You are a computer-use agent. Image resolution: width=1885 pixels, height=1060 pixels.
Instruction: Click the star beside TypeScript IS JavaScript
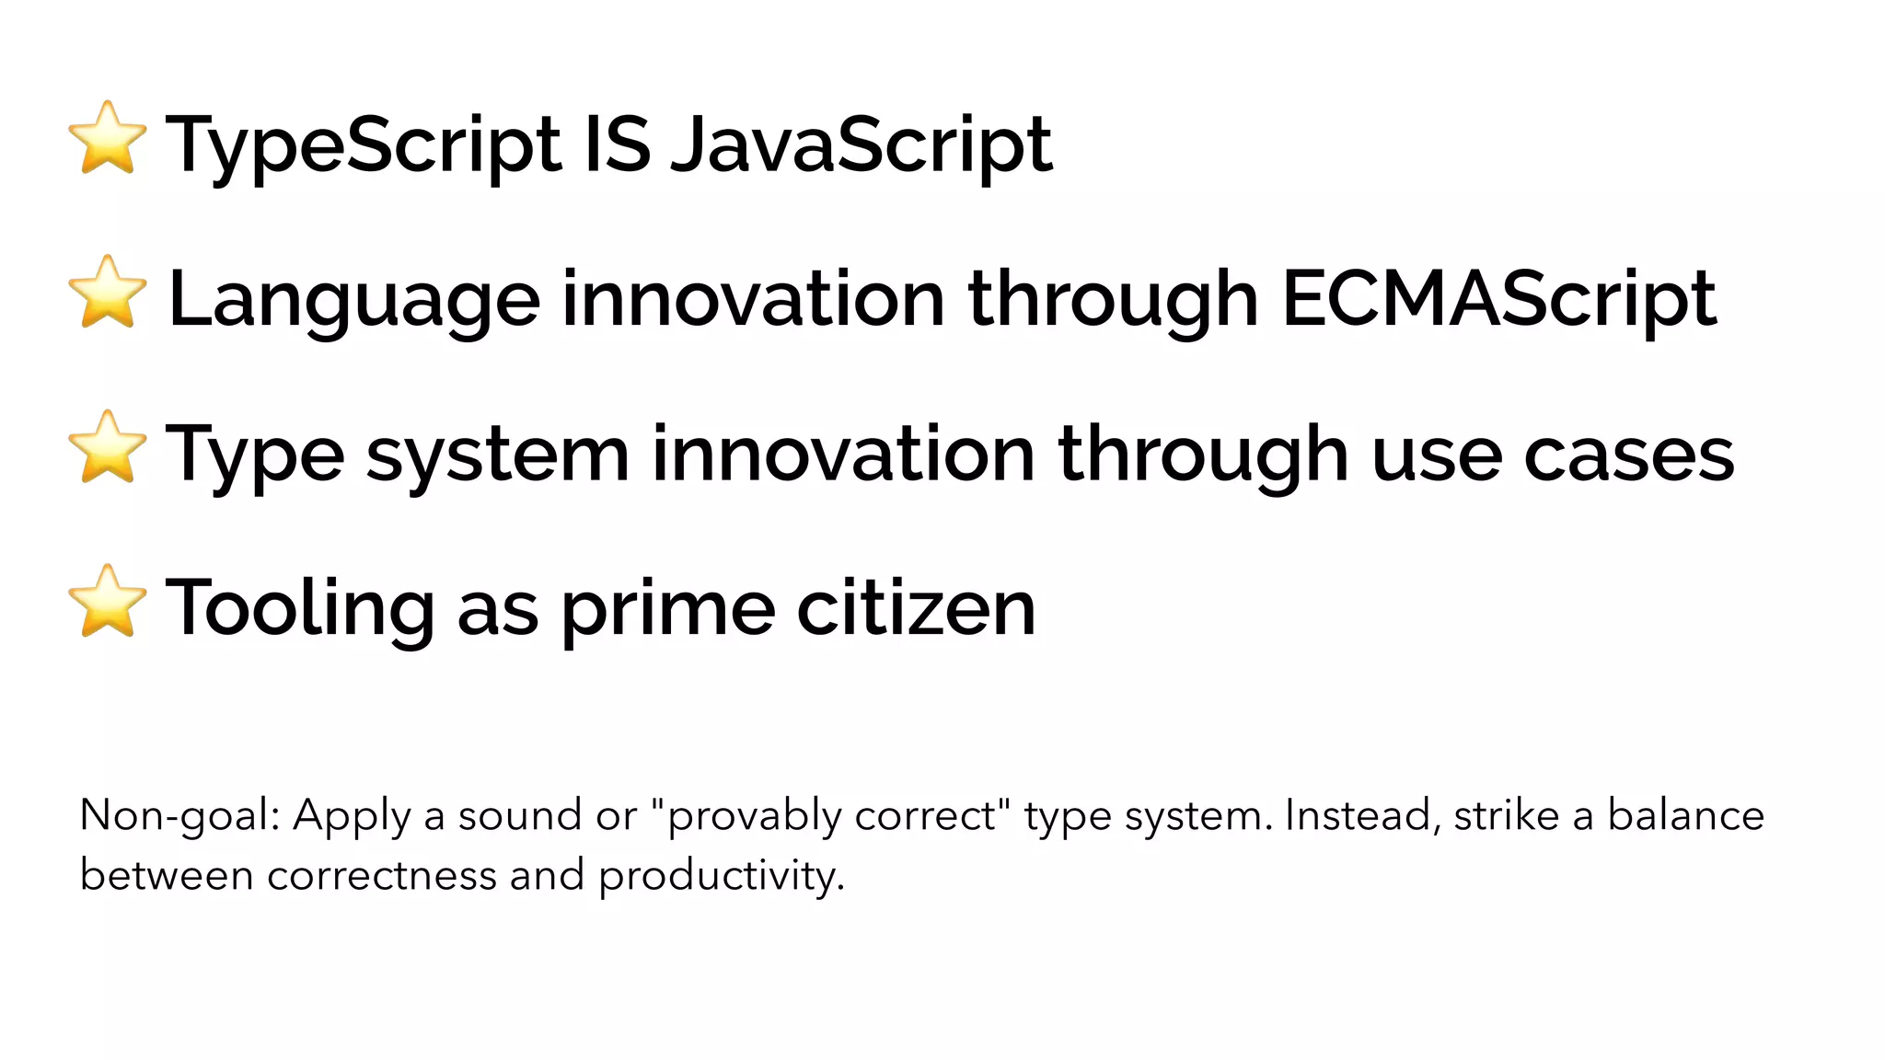108,138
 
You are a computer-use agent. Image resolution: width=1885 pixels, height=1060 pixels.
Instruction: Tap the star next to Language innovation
108,293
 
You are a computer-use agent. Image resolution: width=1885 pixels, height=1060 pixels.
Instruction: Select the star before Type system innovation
108,447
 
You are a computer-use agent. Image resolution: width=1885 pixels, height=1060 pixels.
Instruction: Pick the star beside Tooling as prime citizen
108,602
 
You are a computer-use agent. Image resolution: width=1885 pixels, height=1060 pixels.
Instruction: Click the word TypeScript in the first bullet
363,145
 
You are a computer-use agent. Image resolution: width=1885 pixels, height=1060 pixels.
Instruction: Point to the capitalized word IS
618,144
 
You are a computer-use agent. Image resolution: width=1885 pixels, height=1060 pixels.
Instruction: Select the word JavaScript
862,145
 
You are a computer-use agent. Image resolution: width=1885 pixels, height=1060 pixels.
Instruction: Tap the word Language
354,300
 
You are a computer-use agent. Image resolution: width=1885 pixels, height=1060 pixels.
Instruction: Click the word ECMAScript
1498,300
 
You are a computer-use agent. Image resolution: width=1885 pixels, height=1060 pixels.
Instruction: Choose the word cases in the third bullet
1628,455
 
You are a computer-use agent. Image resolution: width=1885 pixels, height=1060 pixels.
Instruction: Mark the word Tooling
300,609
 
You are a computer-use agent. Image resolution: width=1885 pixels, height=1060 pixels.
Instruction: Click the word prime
668,609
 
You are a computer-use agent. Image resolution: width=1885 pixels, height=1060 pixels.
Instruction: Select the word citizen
916,609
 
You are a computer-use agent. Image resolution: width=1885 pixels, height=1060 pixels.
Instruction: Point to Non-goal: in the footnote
180,816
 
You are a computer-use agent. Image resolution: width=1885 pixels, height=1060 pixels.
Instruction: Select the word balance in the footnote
1685,816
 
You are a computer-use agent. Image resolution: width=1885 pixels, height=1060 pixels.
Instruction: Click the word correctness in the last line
382,875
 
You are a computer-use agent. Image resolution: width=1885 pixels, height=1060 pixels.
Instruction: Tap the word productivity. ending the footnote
722,876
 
